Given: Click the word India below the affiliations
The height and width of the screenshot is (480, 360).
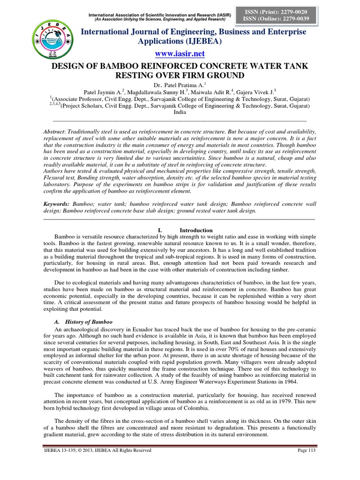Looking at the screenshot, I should tap(180, 112).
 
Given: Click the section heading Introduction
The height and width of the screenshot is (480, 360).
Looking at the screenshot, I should tap(196, 230).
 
